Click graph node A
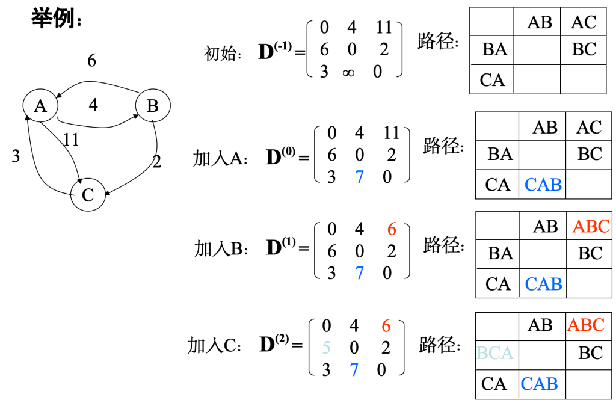pyautogui.click(x=40, y=106)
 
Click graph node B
pyautogui.click(x=153, y=106)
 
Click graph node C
pyautogui.click(x=88, y=195)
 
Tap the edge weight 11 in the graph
pyautogui.click(x=71, y=140)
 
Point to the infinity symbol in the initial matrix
pyautogui.click(x=348, y=72)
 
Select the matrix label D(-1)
pyautogui.click(x=276, y=51)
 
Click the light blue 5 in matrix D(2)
pyautogui.click(x=326, y=348)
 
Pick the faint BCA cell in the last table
pyautogui.click(x=494, y=353)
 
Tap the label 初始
pyautogui.click(x=223, y=54)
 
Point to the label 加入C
pyautogui.click(x=215, y=345)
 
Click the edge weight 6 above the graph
pyautogui.click(x=91, y=61)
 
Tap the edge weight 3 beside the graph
pyautogui.click(x=16, y=156)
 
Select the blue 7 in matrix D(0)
pyautogui.click(x=359, y=177)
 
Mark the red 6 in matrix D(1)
pyautogui.click(x=392, y=229)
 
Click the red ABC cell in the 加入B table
pyautogui.click(x=591, y=227)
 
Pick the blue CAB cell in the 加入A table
pyautogui.click(x=543, y=185)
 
